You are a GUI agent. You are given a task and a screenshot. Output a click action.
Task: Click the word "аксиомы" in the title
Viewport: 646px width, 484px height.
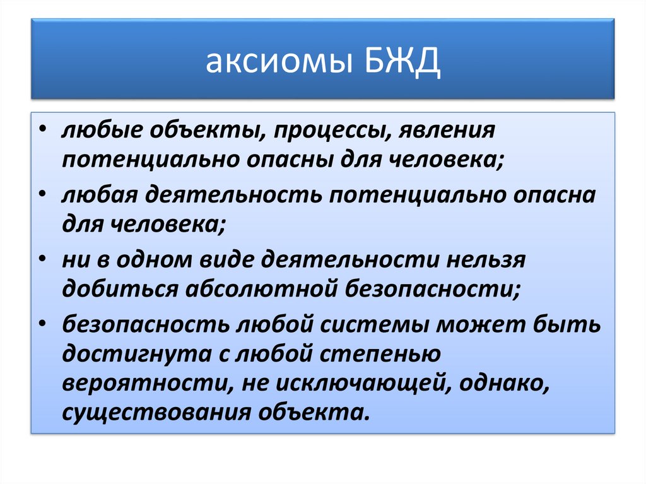[279, 61]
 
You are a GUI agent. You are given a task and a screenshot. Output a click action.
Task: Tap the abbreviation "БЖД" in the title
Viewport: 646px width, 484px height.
[403, 61]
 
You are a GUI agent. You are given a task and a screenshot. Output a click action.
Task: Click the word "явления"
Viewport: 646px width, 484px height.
[447, 131]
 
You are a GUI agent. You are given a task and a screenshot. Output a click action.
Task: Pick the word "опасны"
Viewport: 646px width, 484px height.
[290, 160]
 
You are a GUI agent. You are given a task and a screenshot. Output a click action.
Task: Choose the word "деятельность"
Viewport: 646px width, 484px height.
[233, 195]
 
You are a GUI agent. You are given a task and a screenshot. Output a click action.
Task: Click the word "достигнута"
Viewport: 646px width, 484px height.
[137, 355]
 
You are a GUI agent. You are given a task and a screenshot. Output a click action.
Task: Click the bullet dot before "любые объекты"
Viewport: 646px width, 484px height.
[42, 129]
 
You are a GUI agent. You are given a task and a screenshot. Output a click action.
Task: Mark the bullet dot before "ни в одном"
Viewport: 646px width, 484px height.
[42, 258]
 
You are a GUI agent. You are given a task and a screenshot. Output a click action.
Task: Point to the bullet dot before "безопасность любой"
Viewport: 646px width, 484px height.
[42, 323]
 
